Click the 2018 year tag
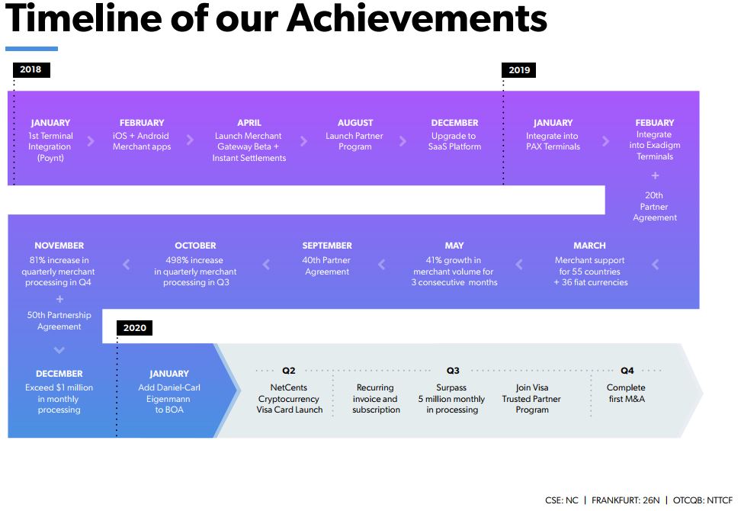point(31,69)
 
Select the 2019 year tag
point(519,70)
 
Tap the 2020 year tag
point(135,328)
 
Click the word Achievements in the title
point(417,18)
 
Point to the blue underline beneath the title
point(32,49)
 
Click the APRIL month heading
point(249,123)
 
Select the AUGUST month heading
point(355,123)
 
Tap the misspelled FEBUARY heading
point(655,123)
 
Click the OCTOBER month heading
point(195,246)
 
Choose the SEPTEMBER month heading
point(327,246)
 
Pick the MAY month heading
point(454,246)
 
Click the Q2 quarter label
point(289,371)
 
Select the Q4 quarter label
point(627,371)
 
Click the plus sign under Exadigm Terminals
point(655,176)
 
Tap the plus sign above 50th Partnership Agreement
point(59,299)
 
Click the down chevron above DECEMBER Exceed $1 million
point(59,350)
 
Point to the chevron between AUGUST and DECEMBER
point(403,141)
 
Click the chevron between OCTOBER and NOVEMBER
point(127,265)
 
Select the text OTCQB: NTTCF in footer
point(703,500)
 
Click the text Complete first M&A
point(626,394)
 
